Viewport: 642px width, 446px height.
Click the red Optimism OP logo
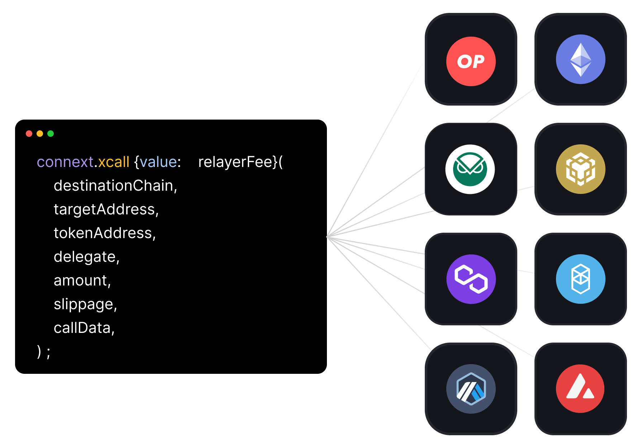click(471, 61)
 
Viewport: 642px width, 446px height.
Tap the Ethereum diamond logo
click(580, 59)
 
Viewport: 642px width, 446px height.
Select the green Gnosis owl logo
click(470, 169)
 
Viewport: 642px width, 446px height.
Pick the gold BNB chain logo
click(580, 169)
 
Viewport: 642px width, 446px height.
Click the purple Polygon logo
click(471, 279)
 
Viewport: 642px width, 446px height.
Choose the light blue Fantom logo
click(580, 279)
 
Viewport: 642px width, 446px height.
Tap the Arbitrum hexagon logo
click(471, 389)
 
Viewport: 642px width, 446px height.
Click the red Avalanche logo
click(580, 389)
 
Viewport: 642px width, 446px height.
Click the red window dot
click(29, 134)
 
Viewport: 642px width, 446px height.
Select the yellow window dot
click(40, 134)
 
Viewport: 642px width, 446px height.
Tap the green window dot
click(51, 134)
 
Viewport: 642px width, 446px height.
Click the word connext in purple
click(65, 162)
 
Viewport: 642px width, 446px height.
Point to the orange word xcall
click(114, 162)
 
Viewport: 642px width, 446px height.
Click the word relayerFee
click(235, 162)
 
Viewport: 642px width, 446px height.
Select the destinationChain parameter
click(115, 186)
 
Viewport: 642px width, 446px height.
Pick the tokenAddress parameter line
click(104, 233)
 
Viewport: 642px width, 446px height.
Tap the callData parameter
click(84, 328)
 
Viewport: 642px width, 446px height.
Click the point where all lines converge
click(327, 237)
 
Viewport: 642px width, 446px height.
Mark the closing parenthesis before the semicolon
click(39, 352)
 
